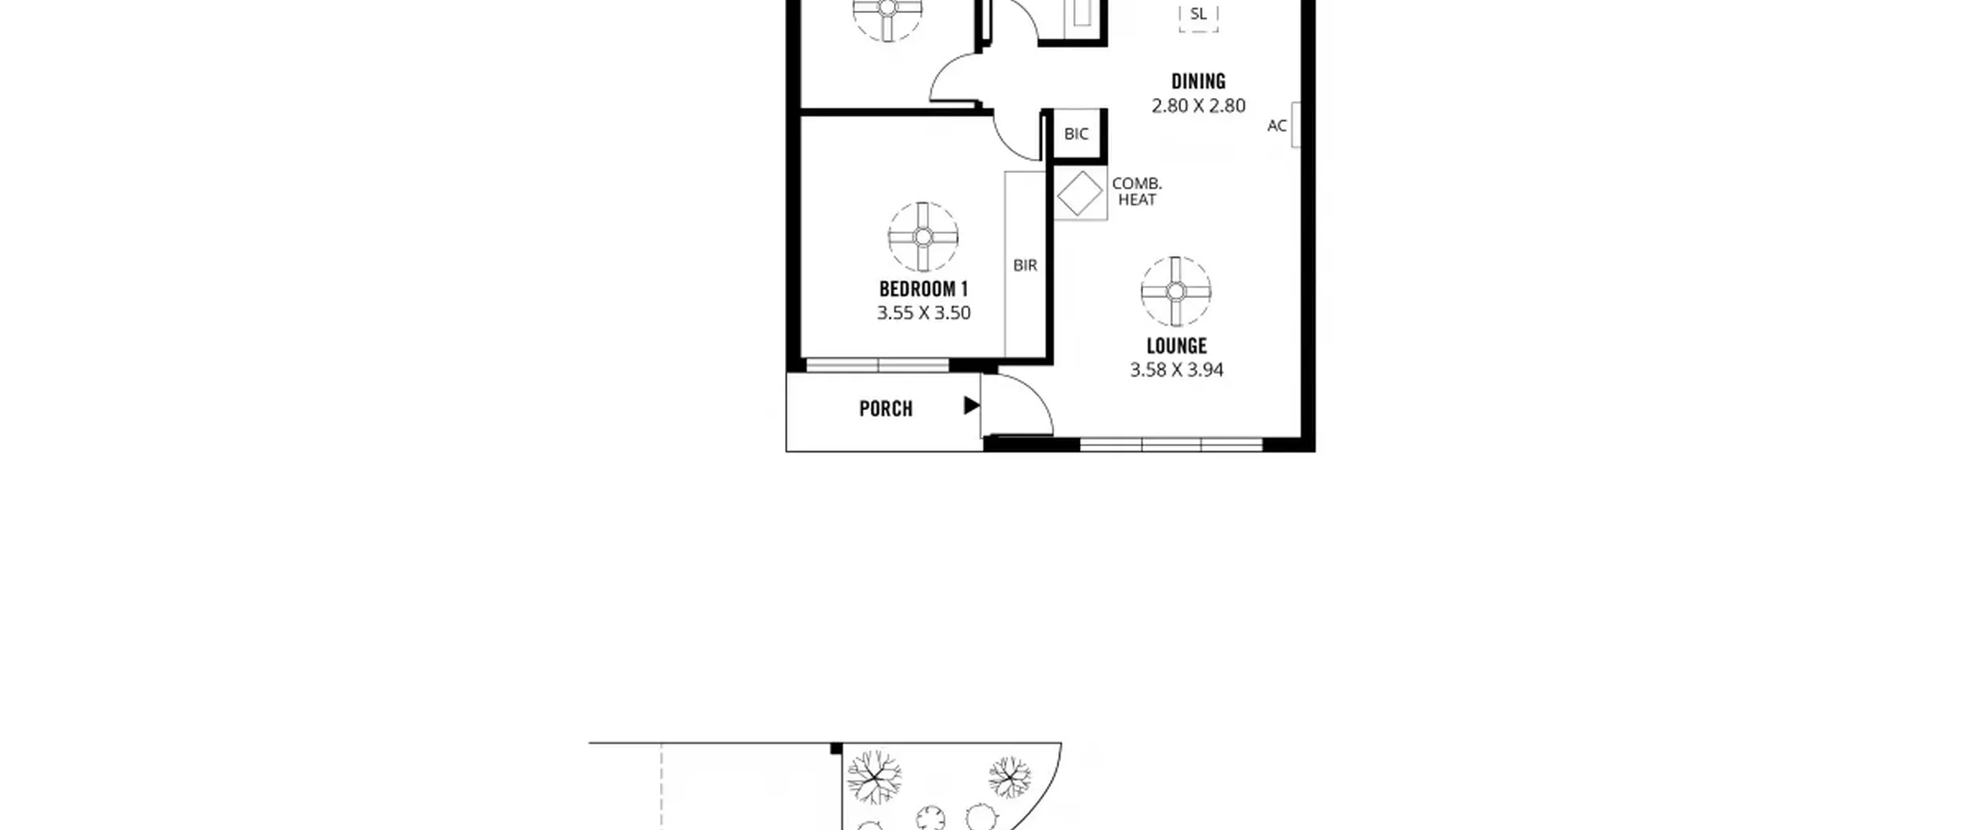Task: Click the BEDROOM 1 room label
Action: click(923, 290)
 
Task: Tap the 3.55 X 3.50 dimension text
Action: click(923, 313)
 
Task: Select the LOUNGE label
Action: click(1176, 346)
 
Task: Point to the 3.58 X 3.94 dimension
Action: click(1176, 370)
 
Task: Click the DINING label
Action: click(1198, 81)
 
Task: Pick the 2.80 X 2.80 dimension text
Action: click(1198, 106)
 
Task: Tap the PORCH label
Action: click(885, 408)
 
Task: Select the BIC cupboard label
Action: click(1076, 134)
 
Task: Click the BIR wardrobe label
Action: click(1025, 265)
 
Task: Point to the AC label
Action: click(1277, 125)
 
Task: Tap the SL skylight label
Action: click(1198, 14)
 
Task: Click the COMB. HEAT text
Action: click(1137, 191)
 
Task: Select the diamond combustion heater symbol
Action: click(1080, 193)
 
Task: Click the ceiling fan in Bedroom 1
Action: click(923, 237)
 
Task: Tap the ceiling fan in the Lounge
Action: click(1176, 292)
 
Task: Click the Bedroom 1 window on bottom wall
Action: click(878, 365)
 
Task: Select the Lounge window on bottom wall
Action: click(1171, 445)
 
